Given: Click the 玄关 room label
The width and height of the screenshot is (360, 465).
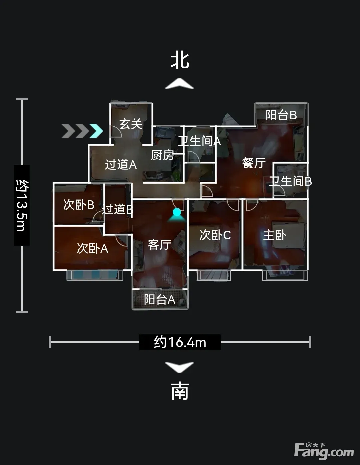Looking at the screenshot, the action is (131, 124).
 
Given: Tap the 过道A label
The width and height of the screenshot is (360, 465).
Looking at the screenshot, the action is (121, 165).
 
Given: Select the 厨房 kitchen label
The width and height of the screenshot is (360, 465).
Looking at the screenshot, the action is (162, 155).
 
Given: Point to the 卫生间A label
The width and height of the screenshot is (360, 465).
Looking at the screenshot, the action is (199, 141).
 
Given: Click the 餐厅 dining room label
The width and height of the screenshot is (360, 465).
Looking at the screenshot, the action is (254, 163).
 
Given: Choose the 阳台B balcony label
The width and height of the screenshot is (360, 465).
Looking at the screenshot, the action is (281, 115).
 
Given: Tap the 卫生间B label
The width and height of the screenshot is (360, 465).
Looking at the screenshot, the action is (290, 181).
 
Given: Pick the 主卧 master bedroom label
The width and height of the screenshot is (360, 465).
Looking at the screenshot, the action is (275, 235).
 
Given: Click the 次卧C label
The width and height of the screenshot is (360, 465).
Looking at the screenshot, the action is (215, 235).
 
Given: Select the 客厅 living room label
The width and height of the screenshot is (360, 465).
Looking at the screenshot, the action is (159, 245).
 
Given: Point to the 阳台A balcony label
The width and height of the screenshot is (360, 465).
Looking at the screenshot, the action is (160, 299).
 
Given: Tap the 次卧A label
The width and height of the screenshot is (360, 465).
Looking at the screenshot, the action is (92, 248).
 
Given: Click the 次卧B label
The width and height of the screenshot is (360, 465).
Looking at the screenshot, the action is (79, 205).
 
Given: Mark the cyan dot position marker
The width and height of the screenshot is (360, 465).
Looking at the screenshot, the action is (177, 212).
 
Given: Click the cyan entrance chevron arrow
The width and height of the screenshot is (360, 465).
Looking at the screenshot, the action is (96, 131).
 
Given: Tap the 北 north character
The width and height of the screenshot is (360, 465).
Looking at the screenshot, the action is (180, 61).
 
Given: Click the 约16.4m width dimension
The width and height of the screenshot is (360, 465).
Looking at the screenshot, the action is (180, 342).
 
